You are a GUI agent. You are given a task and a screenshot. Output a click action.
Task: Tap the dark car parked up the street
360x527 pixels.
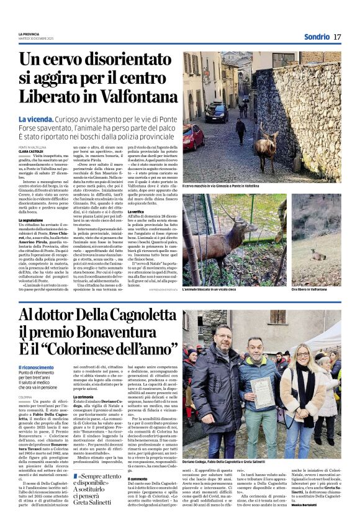pyautogui.click(x=217, y=112)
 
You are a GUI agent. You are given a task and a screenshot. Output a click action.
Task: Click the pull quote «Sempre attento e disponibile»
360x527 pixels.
pyautogui.click(x=99, y=480)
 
